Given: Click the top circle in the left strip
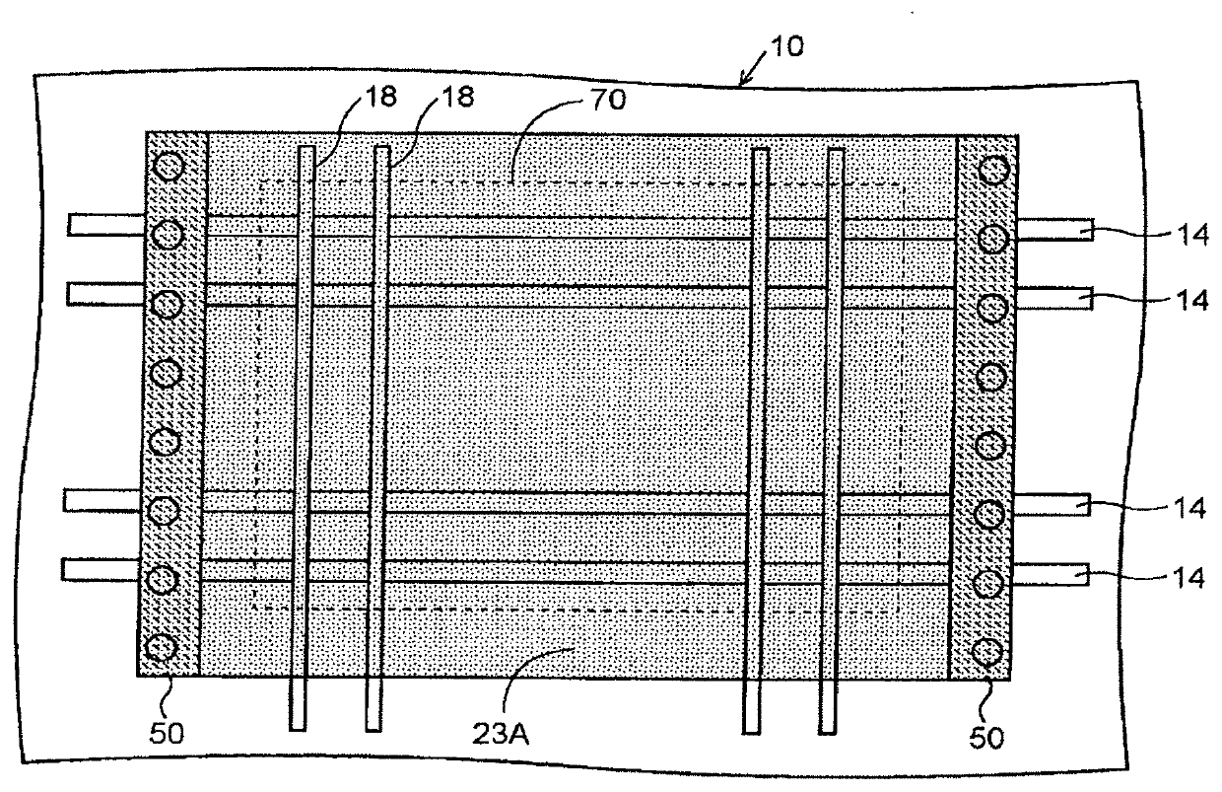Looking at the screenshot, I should pyautogui.click(x=170, y=167).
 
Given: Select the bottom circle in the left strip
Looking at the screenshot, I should pyautogui.click(x=160, y=648).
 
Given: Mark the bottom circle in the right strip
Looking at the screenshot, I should pyautogui.click(x=984, y=653).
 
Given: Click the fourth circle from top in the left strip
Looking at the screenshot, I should pyautogui.click(x=166, y=372).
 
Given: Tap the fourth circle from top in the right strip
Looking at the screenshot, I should pyautogui.click(x=992, y=376).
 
